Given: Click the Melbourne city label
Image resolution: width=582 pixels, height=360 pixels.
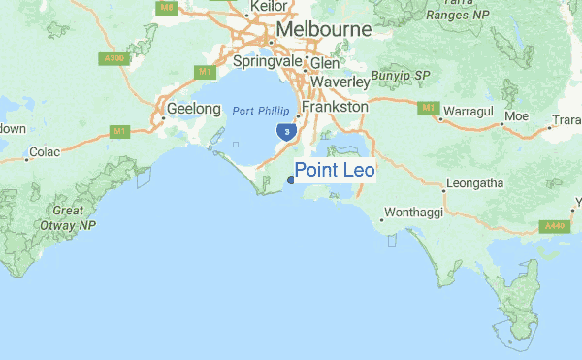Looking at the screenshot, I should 323,30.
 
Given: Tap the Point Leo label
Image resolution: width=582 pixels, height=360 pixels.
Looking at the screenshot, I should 335,171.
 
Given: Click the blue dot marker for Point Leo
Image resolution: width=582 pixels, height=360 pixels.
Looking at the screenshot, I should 291,180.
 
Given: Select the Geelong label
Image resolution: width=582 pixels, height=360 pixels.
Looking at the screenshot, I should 194,109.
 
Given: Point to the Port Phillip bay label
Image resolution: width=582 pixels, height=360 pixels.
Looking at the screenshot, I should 261,112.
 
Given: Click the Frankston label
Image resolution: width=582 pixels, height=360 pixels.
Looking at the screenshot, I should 336,106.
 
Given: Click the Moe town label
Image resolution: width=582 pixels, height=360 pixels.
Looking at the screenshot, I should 515,117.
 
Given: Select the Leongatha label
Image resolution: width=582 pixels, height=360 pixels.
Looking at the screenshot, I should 474,182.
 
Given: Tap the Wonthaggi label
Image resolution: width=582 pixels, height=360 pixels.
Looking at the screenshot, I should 416,211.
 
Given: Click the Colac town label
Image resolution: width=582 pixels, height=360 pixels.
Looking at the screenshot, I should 45,151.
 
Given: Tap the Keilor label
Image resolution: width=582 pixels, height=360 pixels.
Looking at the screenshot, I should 269,7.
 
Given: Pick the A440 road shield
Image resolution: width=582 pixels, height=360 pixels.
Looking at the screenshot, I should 554,226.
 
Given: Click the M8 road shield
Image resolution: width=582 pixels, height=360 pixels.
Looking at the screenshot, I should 166,7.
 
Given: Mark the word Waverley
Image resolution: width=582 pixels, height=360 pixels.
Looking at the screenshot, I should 341,82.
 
